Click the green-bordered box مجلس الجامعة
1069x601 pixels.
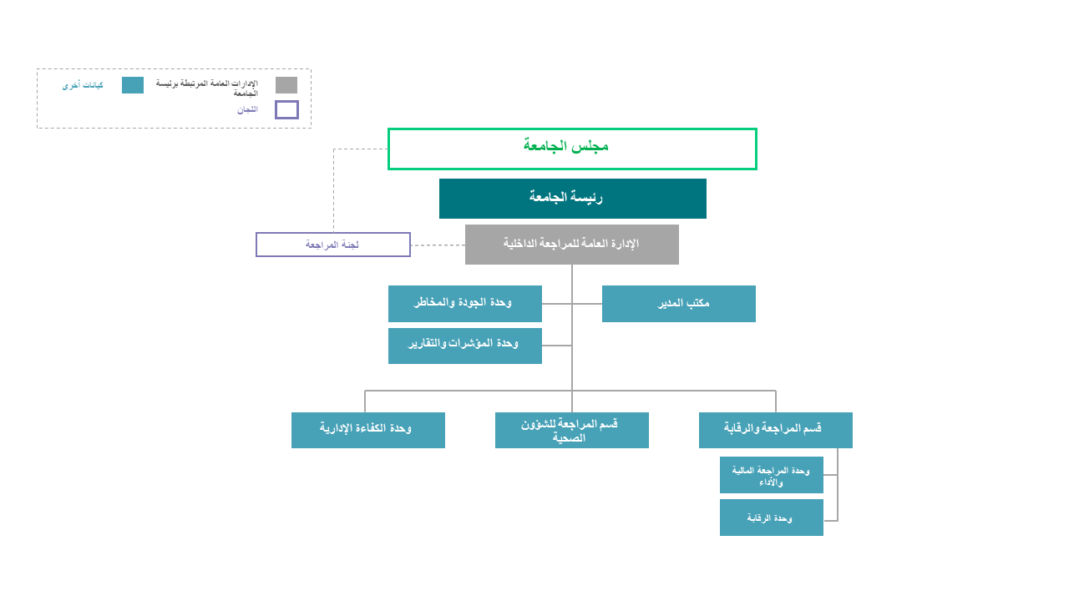(572, 149)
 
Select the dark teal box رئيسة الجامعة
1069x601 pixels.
(572, 199)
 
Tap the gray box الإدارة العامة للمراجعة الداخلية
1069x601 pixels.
(572, 245)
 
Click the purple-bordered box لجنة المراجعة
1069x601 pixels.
(333, 245)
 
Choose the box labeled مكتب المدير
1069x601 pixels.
(678, 304)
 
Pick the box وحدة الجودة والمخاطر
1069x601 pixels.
(464, 304)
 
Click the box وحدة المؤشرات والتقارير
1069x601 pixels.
(464, 346)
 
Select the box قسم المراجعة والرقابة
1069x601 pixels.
(775, 430)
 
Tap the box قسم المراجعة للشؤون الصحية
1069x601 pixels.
(571, 430)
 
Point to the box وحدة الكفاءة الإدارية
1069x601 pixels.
(367, 430)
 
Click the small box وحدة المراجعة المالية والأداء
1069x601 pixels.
(771, 475)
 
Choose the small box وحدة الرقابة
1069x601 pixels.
(771, 518)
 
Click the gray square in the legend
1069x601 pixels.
(286, 85)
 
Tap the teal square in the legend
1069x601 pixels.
(133, 85)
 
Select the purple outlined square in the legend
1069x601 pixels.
(286, 109)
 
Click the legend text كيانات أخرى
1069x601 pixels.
(83, 85)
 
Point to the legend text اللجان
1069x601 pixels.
(247, 109)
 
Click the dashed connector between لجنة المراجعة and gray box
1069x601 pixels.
(438, 245)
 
